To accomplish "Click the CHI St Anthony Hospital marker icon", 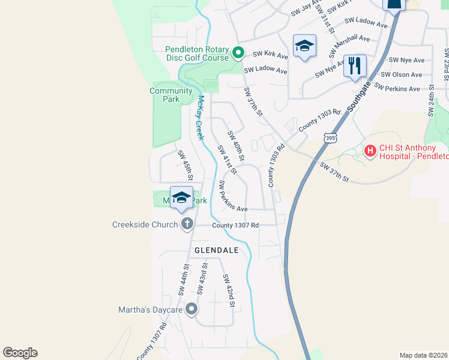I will click(370, 151).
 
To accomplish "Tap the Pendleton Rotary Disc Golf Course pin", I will click(238, 53).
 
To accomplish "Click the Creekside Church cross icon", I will click(187, 224).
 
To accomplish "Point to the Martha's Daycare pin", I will click(191, 310).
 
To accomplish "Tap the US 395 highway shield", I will click(330, 138).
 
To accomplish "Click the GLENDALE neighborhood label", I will click(216, 250).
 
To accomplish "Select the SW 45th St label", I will click(185, 165).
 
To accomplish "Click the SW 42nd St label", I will click(229, 290).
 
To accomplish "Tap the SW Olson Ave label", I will click(402, 74).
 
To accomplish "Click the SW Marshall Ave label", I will click(349, 46).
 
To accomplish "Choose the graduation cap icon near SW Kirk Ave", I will click(304, 46).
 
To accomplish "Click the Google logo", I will click(20, 353).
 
